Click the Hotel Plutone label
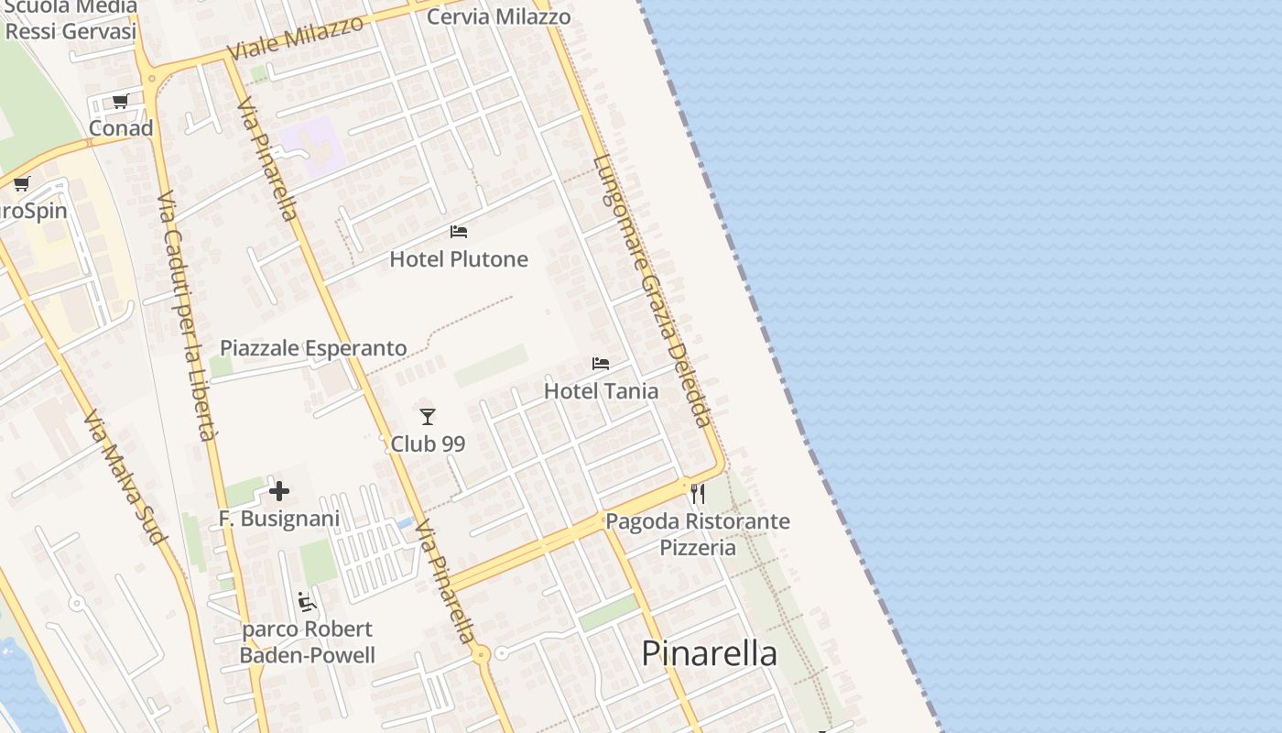coord(459,259)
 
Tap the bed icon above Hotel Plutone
coord(459,232)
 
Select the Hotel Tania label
coord(601,391)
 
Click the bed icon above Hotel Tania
coord(601,364)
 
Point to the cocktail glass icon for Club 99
coord(428,417)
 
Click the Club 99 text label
coord(428,444)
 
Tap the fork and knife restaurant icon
coord(698,494)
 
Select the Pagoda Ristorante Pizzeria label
coord(698,534)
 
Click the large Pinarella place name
coord(709,653)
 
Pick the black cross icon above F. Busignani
coord(279,492)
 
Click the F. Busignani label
coord(266,519)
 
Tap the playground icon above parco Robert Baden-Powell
coord(307,602)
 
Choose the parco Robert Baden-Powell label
coord(308,642)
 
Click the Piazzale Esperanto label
coord(313,348)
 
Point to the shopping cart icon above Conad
coord(121,101)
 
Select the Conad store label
coord(121,128)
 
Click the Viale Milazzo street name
coord(296,38)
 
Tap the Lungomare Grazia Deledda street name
coord(651,291)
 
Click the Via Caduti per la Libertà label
coord(186,316)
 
